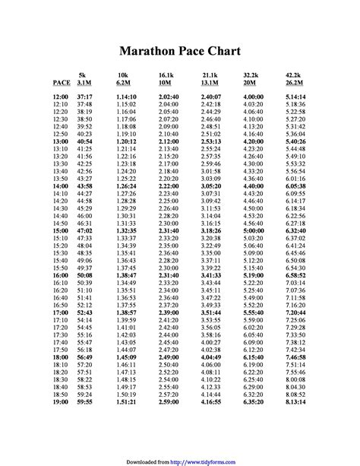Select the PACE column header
point(61,81)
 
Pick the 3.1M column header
point(84,81)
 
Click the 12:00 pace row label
point(61,98)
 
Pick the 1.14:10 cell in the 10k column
point(126,98)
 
